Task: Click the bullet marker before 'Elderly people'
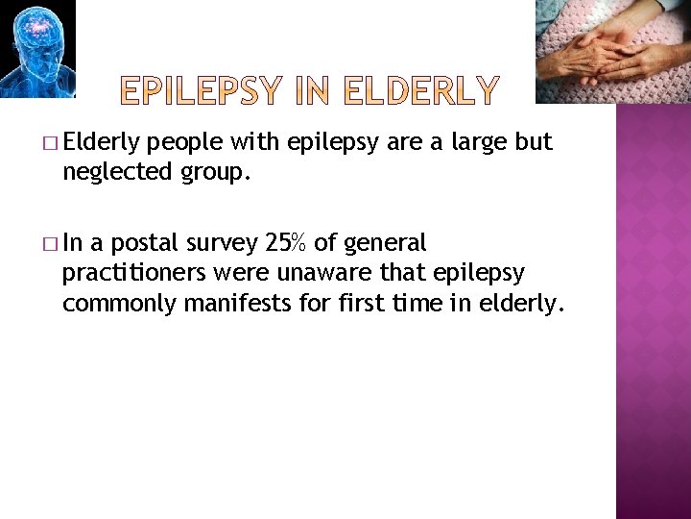tap(50, 144)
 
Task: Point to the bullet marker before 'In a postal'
tap(50, 243)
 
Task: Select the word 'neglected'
tap(112, 174)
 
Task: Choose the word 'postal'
tap(150, 242)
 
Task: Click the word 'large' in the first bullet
tap(476, 143)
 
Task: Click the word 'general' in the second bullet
tap(388, 242)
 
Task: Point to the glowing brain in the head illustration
tap(36, 26)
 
